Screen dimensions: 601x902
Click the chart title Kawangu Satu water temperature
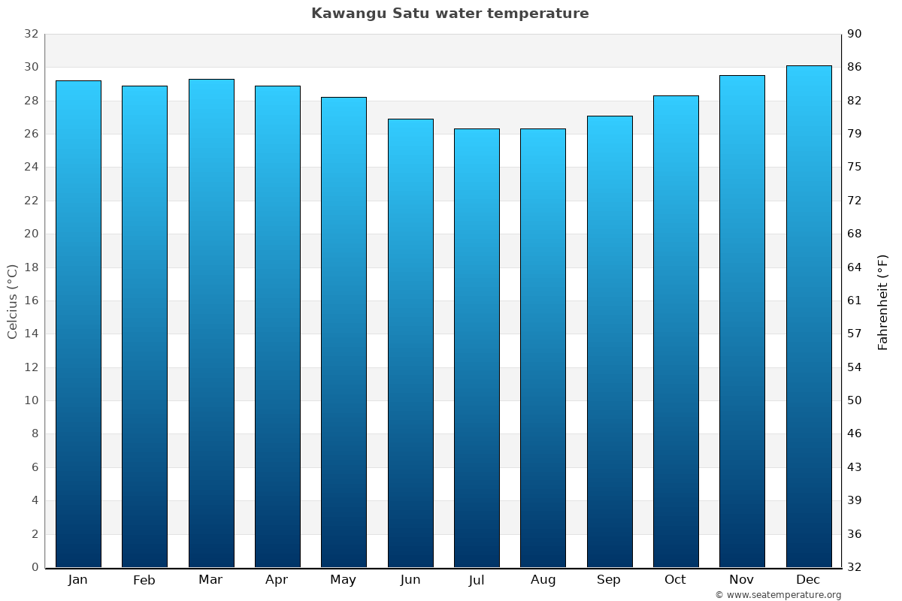(449, 14)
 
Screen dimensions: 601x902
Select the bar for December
(808, 316)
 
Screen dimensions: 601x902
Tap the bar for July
(477, 347)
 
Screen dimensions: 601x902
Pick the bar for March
(211, 323)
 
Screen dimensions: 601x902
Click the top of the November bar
(742, 76)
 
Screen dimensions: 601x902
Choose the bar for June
(410, 343)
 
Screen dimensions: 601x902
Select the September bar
(610, 341)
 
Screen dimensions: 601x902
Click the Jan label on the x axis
(78, 580)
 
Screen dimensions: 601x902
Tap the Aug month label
(543, 580)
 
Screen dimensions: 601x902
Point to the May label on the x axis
(344, 580)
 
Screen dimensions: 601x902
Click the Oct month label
(675, 580)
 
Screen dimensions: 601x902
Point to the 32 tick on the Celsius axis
(31, 34)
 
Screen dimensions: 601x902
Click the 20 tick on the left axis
(31, 234)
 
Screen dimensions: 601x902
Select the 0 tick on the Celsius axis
(35, 567)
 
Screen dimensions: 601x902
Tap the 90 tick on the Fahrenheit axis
(855, 34)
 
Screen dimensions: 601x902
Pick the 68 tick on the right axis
(855, 234)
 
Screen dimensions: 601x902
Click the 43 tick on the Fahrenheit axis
(855, 467)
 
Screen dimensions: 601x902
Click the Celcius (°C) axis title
(12, 300)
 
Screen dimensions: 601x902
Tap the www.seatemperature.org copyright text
(777, 595)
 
